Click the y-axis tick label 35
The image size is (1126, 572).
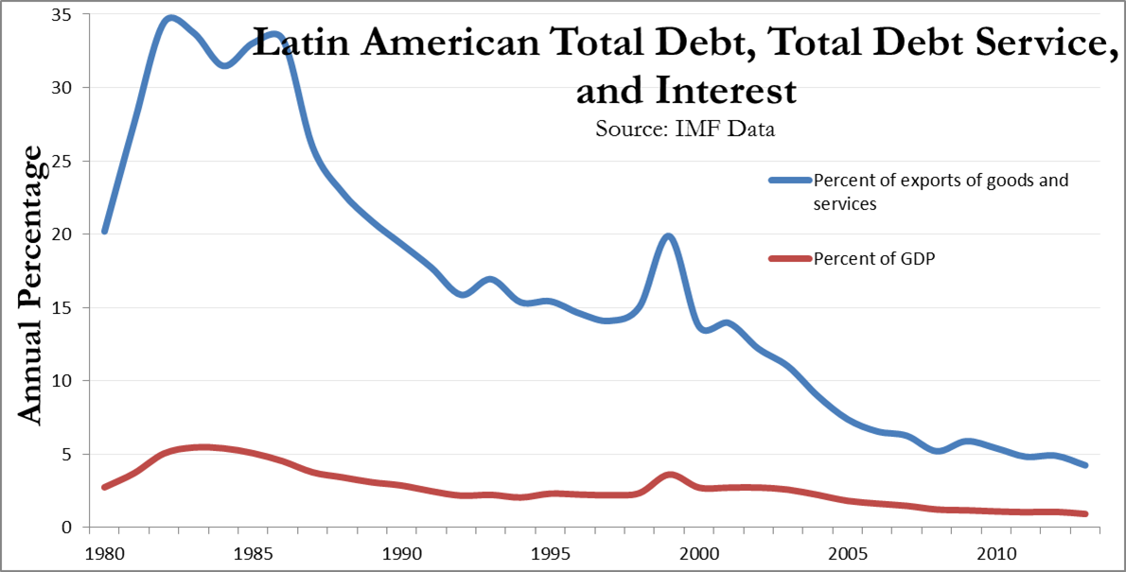[76, 15]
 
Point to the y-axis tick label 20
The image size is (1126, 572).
[76, 234]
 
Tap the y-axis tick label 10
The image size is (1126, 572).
[76, 380]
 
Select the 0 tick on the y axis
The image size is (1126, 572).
[82, 527]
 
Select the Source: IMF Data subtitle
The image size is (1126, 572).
[684, 129]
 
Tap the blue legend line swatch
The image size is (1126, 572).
[779, 180]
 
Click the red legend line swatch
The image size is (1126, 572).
[779, 259]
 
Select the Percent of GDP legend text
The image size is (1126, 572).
[873, 259]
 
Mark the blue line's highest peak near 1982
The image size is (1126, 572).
[170, 18]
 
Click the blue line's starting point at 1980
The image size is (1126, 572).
[104, 231]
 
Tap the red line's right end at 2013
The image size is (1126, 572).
[1085, 513]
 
